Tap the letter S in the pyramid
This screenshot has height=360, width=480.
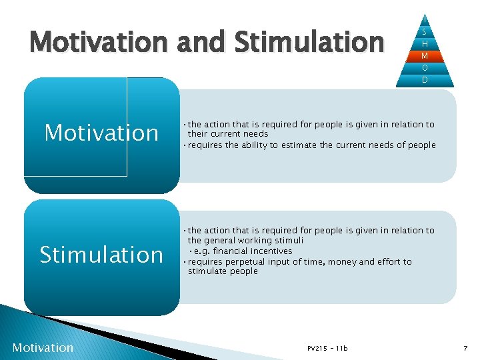pyautogui.click(x=425, y=31)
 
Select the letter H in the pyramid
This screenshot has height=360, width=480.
pyautogui.click(x=425, y=43)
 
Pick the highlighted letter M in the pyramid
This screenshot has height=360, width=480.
pyautogui.click(x=425, y=55)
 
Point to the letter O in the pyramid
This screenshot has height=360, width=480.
pyautogui.click(x=425, y=67)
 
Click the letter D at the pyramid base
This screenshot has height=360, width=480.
pyautogui.click(x=425, y=80)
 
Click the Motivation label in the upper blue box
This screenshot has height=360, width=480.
pyautogui.click(x=101, y=133)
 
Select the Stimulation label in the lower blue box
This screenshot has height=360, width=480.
pyautogui.click(x=101, y=254)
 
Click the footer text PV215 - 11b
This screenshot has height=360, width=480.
pyautogui.click(x=327, y=348)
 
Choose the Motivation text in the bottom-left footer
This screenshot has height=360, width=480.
pyautogui.click(x=43, y=347)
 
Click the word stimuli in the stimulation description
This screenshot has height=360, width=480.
pyautogui.click(x=288, y=240)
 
